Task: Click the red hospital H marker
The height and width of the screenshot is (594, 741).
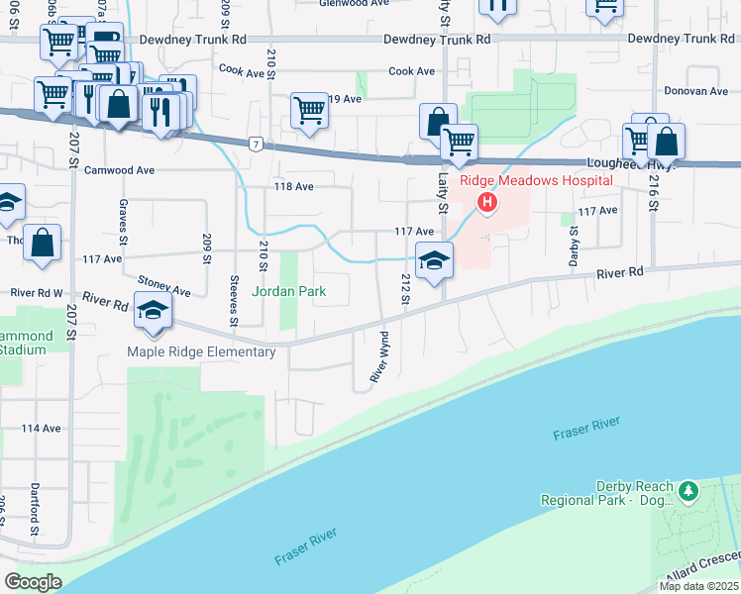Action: point(486,204)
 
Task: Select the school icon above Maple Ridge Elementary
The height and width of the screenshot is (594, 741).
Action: point(153,310)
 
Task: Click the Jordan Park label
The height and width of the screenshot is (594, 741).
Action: point(288,292)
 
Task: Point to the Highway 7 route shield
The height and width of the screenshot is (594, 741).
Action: point(257,145)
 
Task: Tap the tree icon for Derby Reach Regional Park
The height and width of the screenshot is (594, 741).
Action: point(688,489)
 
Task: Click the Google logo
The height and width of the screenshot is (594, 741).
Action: point(33,581)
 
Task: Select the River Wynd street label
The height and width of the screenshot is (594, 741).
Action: point(377,357)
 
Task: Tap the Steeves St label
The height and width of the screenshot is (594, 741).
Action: point(234,300)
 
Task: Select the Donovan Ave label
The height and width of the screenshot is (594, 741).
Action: point(695,91)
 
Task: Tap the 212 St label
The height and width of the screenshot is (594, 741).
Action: point(405,289)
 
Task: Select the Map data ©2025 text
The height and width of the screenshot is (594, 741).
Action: point(698,586)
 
